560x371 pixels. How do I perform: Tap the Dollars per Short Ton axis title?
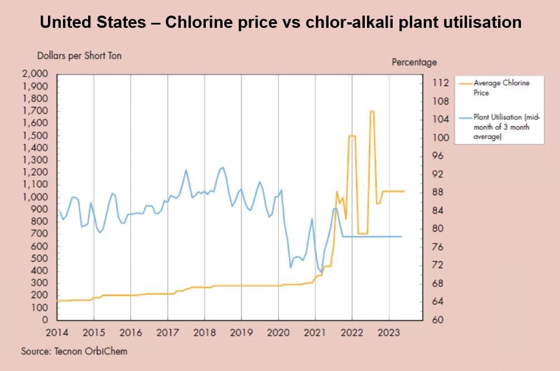coord(79,56)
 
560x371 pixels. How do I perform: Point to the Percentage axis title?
coord(414,62)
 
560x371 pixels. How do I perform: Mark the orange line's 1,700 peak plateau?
coord(371,111)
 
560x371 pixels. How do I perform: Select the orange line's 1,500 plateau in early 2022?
coord(352,136)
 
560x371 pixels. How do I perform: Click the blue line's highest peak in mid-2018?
coord(223,167)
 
